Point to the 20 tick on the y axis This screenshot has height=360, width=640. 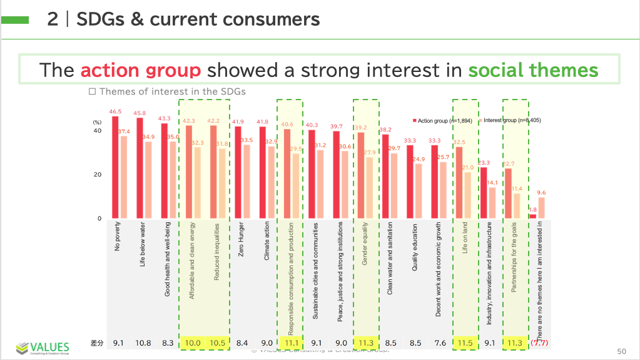[97, 175]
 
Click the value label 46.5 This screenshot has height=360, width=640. [115, 111]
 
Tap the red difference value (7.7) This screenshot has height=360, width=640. [539, 342]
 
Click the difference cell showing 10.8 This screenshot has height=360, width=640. [144, 342]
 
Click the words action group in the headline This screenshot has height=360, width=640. [140, 70]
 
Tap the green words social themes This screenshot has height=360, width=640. [533, 70]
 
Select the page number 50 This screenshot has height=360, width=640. [621, 351]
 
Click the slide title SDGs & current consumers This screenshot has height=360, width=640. [198, 19]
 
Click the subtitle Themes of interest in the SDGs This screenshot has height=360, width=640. [167, 91]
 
